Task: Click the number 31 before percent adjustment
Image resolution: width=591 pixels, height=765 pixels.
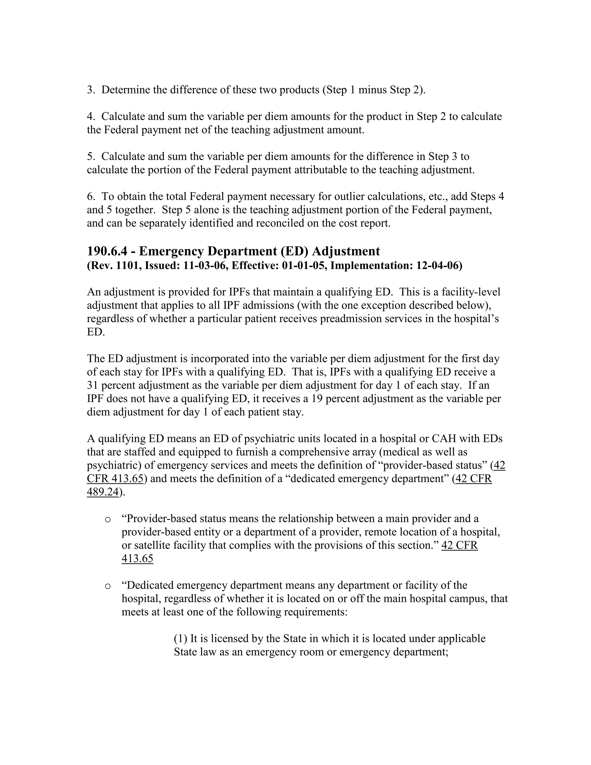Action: pos(92,385)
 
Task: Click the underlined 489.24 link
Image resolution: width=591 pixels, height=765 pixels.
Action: pos(102,492)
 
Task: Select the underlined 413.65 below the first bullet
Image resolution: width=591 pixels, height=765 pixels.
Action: pos(137,559)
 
